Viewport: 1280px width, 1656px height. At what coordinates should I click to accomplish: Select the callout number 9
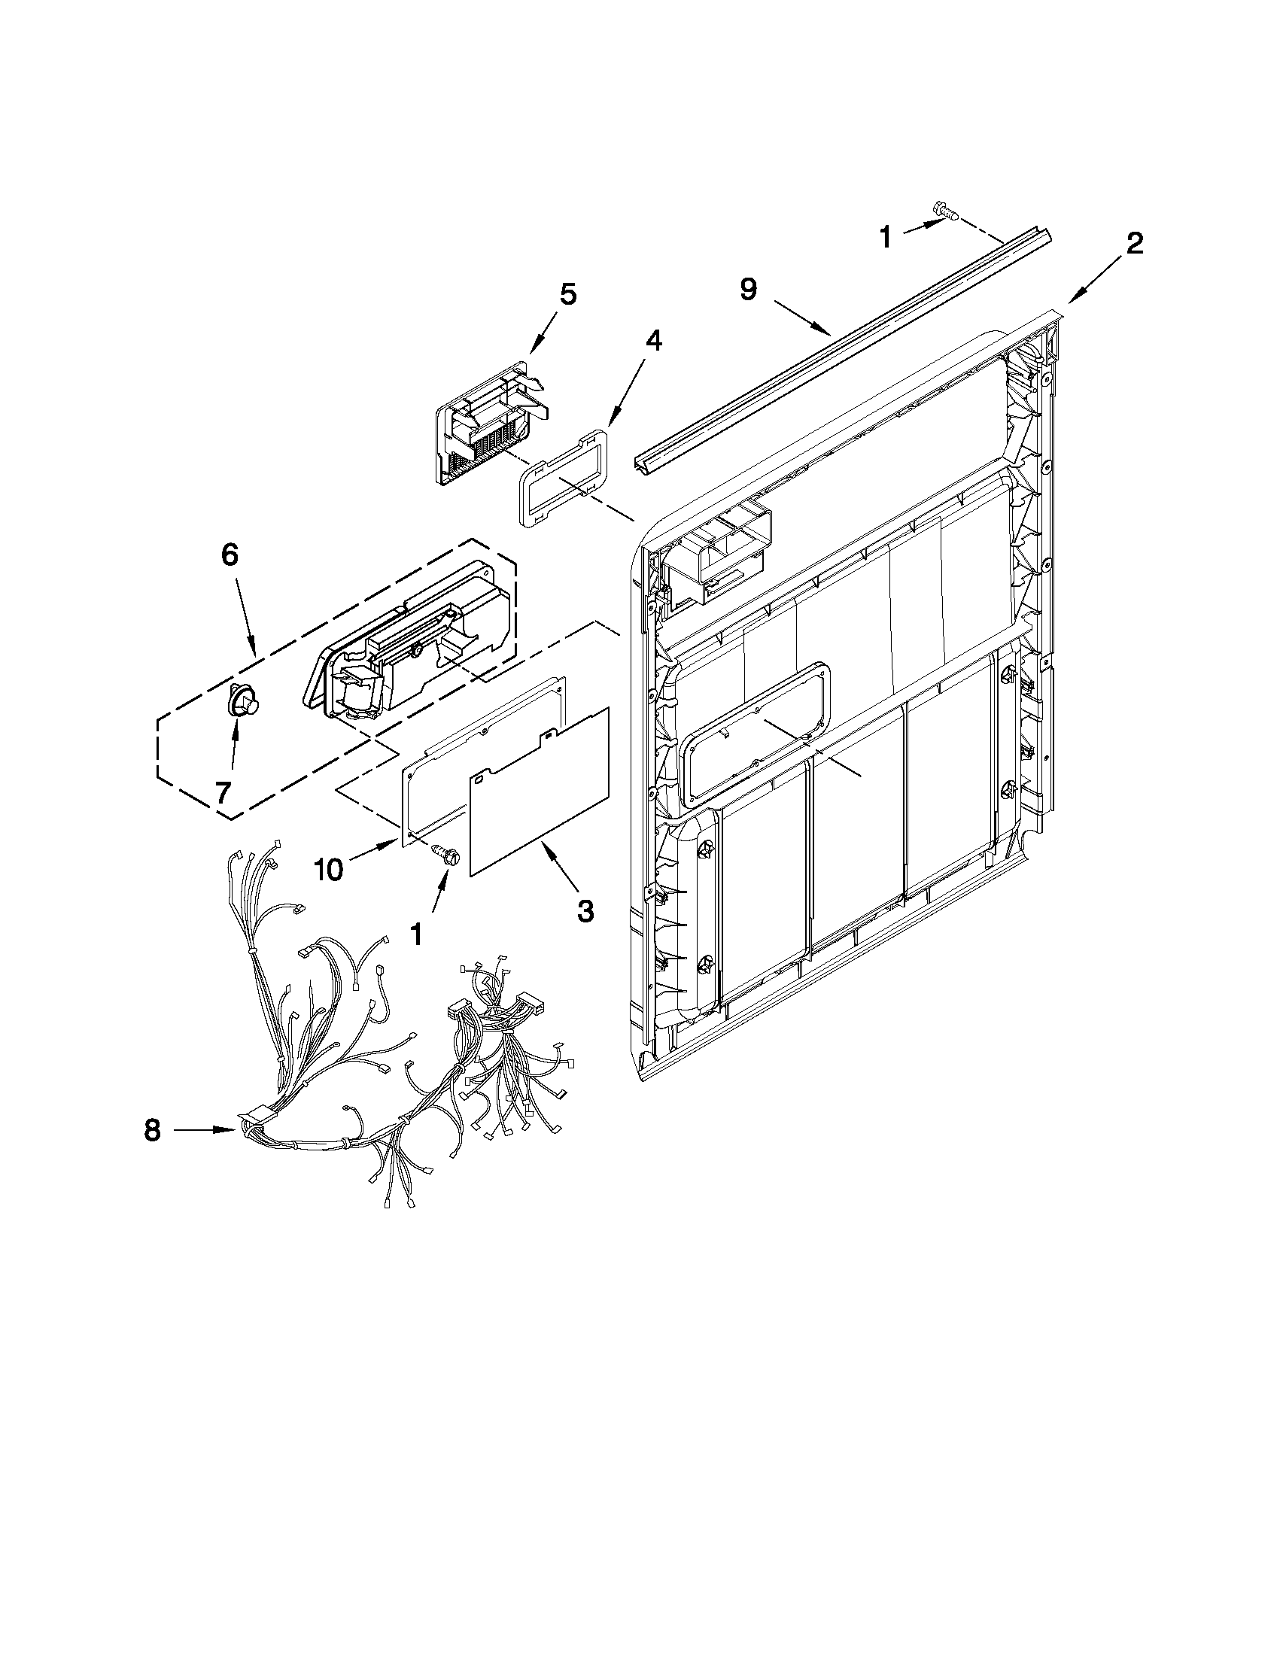coord(749,290)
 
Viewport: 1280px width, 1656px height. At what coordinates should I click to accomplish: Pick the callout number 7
coord(221,792)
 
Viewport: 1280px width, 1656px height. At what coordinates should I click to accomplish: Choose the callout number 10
coord(327,870)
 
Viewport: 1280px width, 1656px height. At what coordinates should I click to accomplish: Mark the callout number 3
coord(585,909)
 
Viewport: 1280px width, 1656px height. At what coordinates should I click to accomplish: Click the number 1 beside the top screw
coord(885,238)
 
